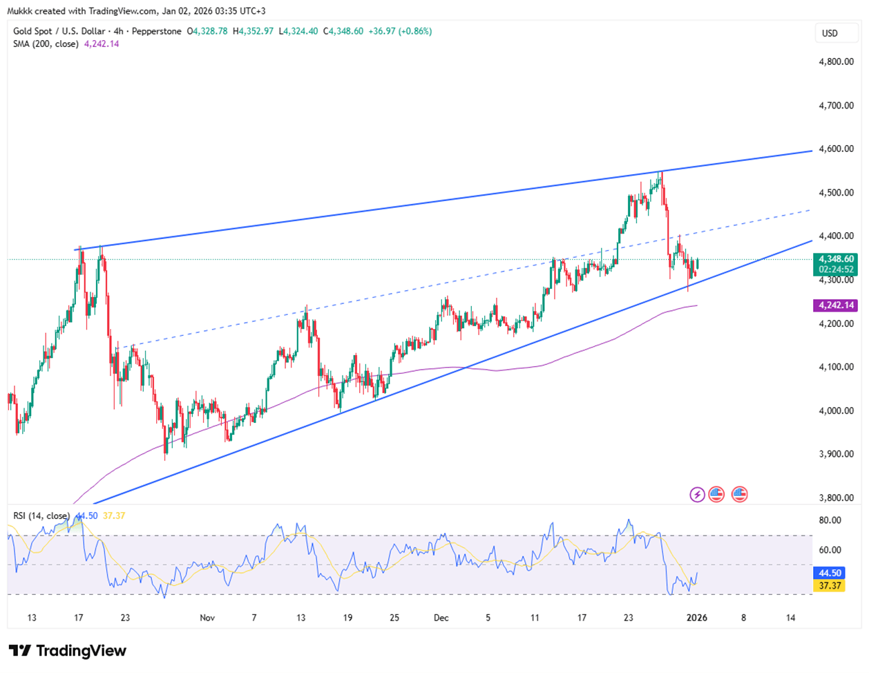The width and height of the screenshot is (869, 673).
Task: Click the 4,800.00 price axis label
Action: pos(835,61)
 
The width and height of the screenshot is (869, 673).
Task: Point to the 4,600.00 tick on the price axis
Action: pos(835,149)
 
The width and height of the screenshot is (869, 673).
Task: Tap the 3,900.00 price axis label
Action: pos(835,454)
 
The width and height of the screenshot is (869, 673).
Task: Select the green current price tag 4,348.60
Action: pos(836,259)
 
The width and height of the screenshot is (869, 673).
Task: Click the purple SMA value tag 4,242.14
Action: pos(836,305)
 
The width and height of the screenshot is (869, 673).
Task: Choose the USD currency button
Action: pos(830,33)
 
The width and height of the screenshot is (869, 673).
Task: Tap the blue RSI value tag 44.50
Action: pos(830,573)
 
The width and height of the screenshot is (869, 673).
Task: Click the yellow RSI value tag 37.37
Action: pos(830,585)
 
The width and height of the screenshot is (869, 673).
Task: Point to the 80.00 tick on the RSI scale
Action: pos(830,520)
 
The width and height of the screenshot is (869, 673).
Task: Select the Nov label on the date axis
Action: pos(207,618)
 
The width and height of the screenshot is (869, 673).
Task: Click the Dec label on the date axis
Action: pos(441,618)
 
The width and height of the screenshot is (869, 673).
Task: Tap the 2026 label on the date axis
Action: pos(696,618)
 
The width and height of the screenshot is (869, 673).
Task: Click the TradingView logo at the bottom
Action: pos(68,651)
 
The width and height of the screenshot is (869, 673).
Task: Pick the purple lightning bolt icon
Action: pos(697,495)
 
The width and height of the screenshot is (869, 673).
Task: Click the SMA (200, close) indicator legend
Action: pos(46,44)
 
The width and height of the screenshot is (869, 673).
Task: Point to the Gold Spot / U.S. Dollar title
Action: pos(59,31)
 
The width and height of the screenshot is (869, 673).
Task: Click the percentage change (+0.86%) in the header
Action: pos(412,31)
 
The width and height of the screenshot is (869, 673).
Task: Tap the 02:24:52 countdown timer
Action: pos(836,269)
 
